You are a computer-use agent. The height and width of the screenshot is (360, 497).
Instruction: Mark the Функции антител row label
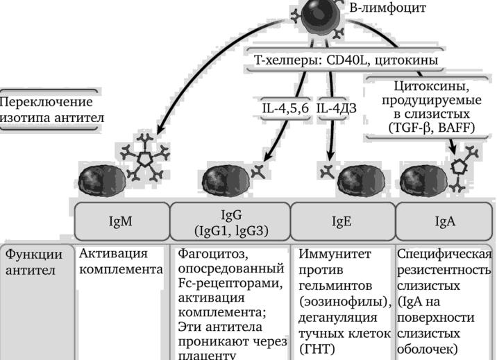pos(38,262)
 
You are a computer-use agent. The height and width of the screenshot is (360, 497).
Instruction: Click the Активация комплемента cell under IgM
pos(121,262)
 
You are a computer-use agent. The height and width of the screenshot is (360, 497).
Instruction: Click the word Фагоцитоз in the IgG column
pos(209,254)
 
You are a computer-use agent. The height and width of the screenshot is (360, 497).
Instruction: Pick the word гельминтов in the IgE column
pos(337,286)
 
